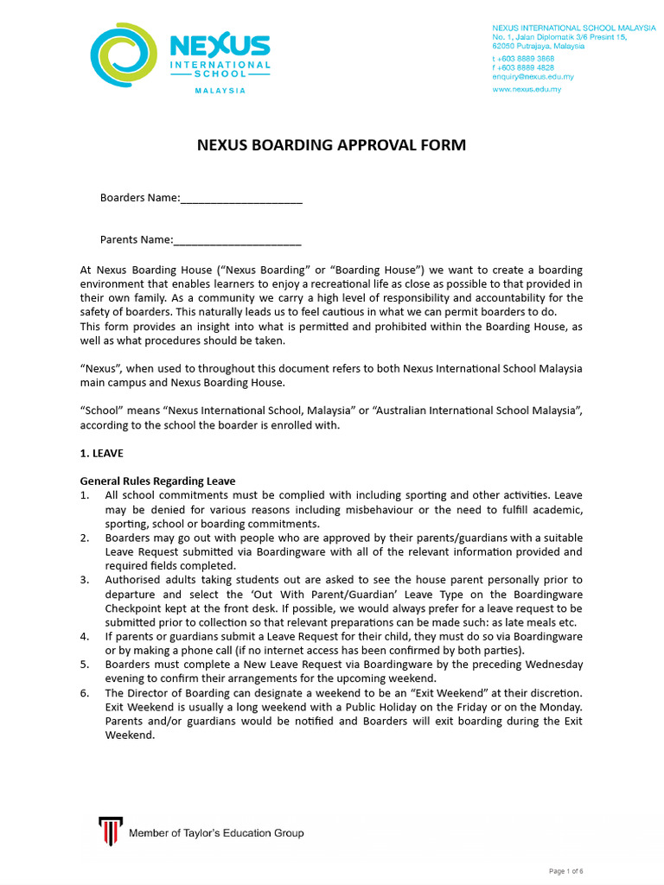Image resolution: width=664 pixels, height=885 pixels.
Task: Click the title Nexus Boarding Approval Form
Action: [332, 145]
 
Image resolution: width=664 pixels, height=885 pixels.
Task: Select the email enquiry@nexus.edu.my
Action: [533, 77]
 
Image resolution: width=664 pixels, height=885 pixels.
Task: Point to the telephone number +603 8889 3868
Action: [523, 58]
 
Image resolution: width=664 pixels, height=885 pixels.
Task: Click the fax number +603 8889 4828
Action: [523, 67]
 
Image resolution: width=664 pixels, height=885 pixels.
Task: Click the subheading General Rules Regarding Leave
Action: [157, 481]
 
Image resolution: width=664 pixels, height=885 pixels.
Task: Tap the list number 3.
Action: [85, 579]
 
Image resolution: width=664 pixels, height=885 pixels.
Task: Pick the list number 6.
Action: [85, 693]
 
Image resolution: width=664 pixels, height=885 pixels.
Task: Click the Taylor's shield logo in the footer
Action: [108, 831]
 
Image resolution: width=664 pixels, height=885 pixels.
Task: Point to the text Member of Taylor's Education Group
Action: [216, 833]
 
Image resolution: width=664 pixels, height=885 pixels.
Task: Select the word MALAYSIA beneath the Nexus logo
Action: [220, 91]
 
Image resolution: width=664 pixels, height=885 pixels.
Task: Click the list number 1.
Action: [85, 495]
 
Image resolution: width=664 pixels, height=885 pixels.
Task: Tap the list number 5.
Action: [85, 665]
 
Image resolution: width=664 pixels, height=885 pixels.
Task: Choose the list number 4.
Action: [85, 636]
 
